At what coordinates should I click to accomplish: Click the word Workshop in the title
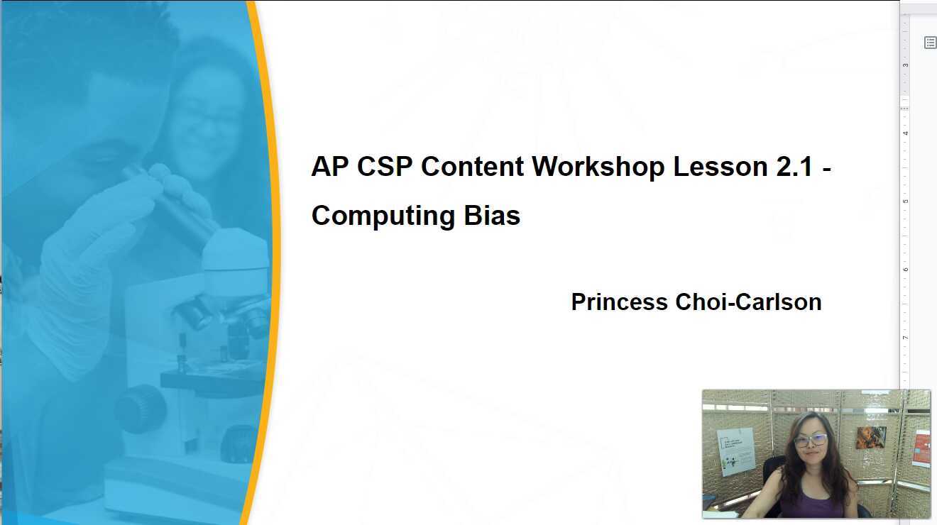598,167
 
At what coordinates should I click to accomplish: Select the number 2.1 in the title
790,167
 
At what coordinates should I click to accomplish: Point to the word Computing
384,216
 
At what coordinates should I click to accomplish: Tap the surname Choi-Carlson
748,302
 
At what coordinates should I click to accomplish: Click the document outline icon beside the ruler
930,43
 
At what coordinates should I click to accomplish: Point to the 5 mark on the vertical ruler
905,201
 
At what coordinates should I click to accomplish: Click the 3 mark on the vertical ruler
905,65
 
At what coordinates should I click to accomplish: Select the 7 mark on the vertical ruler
905,338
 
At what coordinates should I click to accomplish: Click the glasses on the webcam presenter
811,441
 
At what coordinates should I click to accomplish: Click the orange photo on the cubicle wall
870,437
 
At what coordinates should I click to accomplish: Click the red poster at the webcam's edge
921,448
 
